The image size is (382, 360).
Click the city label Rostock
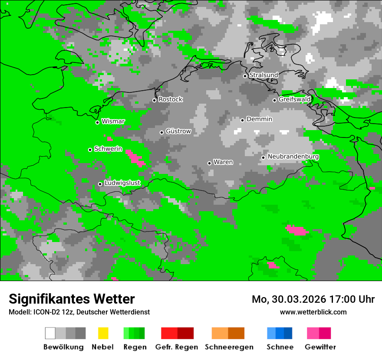coord(170,99)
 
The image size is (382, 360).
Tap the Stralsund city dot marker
coord(245,76)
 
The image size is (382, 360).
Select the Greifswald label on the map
coord(294,99)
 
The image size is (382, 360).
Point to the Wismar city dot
coord(97,122)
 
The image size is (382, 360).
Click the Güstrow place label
coord(178,131)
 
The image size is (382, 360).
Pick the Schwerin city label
coord(108,149)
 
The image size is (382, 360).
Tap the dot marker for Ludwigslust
coord(100,184)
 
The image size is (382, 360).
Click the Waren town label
coord(223,162)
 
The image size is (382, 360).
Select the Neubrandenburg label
coord(293,157)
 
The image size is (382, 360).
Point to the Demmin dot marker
coord(242,120)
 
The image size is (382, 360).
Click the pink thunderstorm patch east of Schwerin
coord(136,157)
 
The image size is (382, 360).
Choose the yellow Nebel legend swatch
coord(103,333)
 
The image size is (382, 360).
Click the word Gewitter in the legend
coord(320,347)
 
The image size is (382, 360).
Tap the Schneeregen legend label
coord(229,347)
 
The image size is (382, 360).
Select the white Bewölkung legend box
coord(50,333)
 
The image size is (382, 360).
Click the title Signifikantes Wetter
coord(72,299)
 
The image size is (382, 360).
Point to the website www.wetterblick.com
coord(313,312)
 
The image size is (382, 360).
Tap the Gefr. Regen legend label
coord(176,347)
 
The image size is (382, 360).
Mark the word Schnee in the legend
coord(280,347)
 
